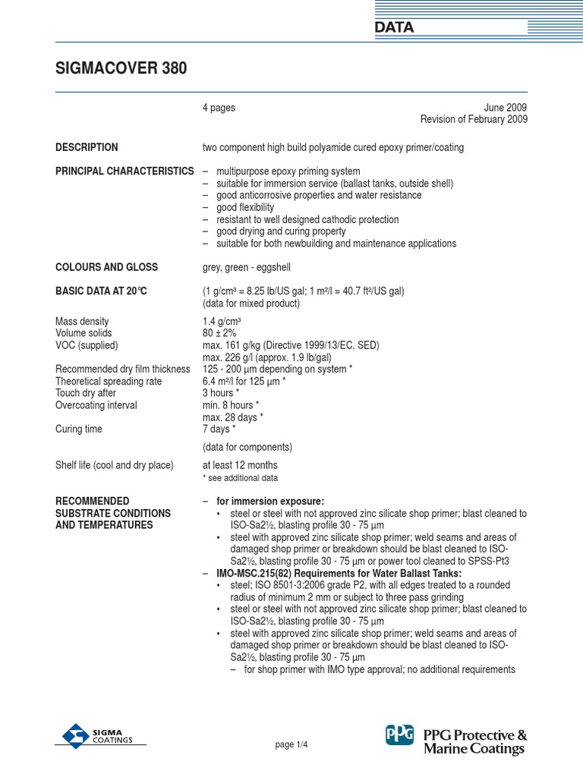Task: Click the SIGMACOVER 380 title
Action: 121,69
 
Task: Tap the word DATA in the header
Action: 394,28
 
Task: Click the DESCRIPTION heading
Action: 87,147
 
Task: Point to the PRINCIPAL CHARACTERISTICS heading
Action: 124,171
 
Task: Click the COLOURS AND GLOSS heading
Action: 106,267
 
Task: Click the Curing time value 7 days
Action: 219,429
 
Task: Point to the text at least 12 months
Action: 240,465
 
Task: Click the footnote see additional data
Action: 241,478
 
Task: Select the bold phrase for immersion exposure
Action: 269,502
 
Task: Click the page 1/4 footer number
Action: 291,745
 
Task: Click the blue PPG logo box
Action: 399,735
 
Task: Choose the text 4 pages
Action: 219,108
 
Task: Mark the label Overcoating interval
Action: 96,405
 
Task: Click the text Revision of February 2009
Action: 474,120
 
